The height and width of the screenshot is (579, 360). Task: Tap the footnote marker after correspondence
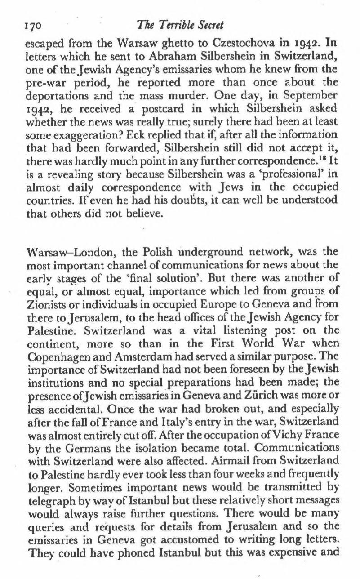[313, 160]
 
